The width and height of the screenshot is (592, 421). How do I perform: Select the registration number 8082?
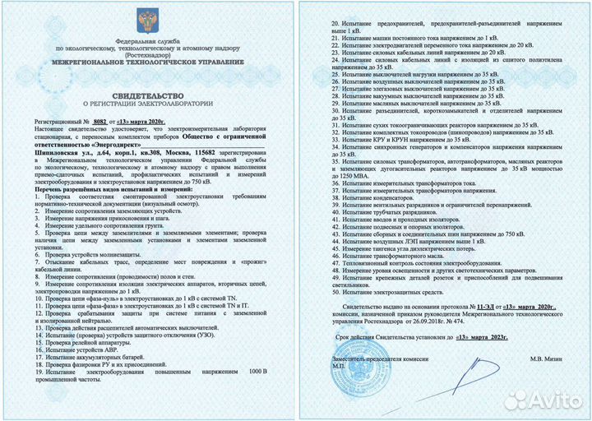[101, 119]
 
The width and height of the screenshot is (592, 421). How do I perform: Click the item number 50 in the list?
[334, 291]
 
